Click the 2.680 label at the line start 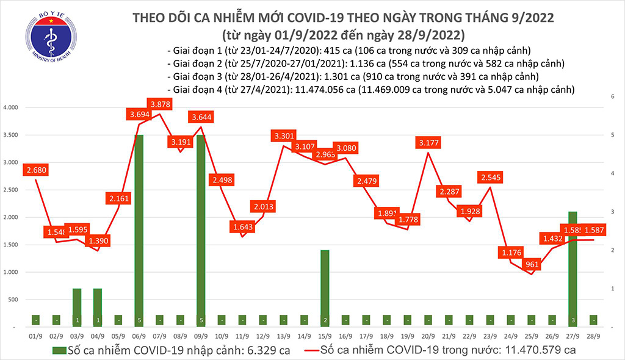click(x=35, y=170)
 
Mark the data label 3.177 click(x=430, y=143)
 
